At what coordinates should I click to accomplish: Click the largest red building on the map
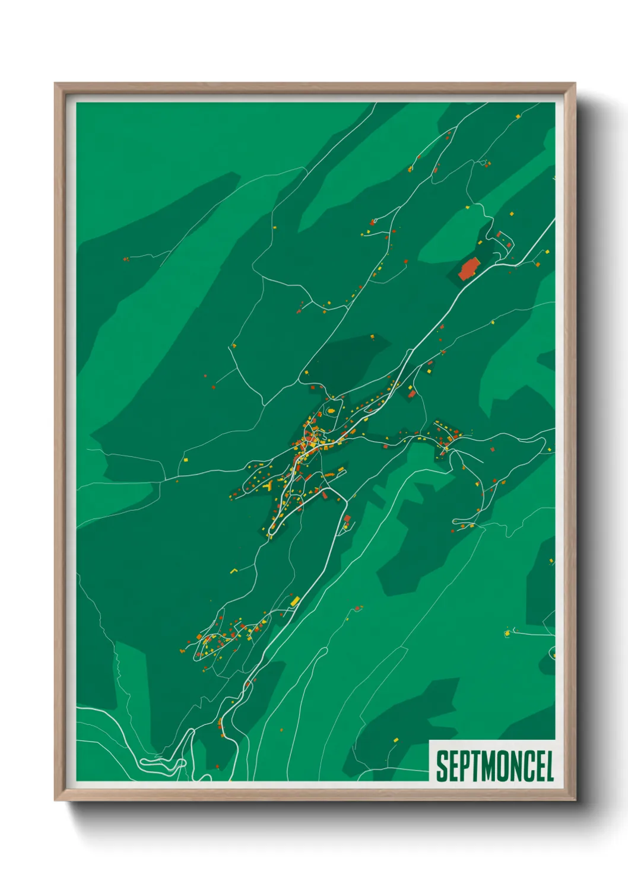click(468, 268)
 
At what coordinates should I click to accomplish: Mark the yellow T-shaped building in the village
click(268, 485)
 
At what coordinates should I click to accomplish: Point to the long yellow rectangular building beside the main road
click(294, 602)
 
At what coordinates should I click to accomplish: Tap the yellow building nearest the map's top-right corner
click(518, 116)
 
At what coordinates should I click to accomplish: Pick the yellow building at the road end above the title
click(507, 634)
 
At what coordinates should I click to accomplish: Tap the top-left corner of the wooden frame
click(56, 84)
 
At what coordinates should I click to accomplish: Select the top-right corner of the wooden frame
click(575, 84)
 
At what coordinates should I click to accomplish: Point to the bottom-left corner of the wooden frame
click(56, 800)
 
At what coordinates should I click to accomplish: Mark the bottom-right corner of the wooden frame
click(575, 800)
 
